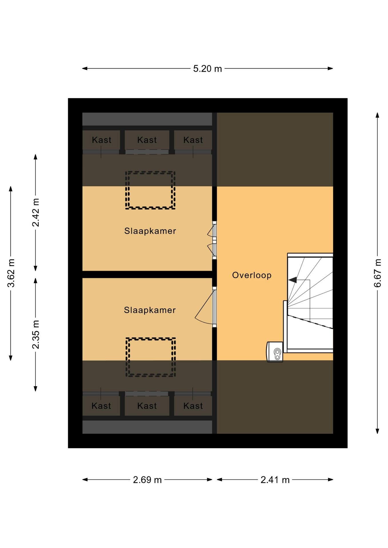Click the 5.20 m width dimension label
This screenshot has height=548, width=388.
coord(207,69)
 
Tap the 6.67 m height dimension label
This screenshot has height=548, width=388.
coord(377,273)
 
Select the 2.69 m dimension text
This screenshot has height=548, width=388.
coord(147,480)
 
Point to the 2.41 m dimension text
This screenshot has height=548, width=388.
coord(275,480)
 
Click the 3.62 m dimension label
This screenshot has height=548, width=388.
coord(11,273)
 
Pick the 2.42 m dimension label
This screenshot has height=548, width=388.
coord(35,212)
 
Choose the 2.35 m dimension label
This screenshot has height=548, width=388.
coord(35,335)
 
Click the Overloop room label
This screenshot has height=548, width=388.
coord(252,275)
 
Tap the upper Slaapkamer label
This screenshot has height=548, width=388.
coord(150,231)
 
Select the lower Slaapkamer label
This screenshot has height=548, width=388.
coord(150,310)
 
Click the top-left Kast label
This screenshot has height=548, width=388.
coord(102,140)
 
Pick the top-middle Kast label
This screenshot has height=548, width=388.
coord(147,140)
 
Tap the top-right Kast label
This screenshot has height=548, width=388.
coord(193,140)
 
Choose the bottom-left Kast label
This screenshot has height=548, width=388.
coord(101,406)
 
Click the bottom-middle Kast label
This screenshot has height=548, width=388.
coord(147,406)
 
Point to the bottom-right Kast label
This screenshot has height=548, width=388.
coord(193,406)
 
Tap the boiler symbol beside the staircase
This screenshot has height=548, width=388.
coord(275,352)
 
